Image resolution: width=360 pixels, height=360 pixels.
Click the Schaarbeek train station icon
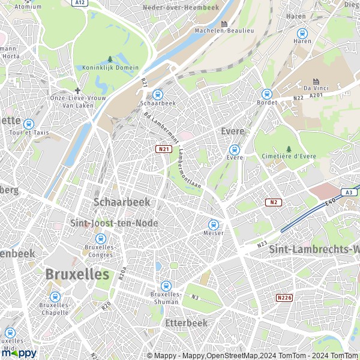(157, 94)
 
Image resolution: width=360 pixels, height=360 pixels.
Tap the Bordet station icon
(266, 94)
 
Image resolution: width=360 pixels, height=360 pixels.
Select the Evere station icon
(235, 149)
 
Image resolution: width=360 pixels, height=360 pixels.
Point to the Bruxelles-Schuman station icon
(166, 286)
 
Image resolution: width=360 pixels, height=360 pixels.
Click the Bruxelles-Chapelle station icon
(55, 296)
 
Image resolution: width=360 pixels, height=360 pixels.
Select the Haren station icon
(302, 33)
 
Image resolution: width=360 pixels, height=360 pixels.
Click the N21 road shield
(163, 149)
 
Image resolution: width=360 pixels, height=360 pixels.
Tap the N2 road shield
(274, 202)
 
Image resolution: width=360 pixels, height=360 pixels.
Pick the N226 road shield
(284, 298)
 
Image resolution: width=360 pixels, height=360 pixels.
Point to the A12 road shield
(79, 3)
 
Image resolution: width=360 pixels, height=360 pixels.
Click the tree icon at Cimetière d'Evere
(289, 149)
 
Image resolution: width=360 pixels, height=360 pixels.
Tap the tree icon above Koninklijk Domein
(110, 59)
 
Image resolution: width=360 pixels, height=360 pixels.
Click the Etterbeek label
(185, 323)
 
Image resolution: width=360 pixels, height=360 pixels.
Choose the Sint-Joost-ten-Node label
(115, 223)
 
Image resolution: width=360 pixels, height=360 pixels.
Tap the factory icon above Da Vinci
(315, 81)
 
